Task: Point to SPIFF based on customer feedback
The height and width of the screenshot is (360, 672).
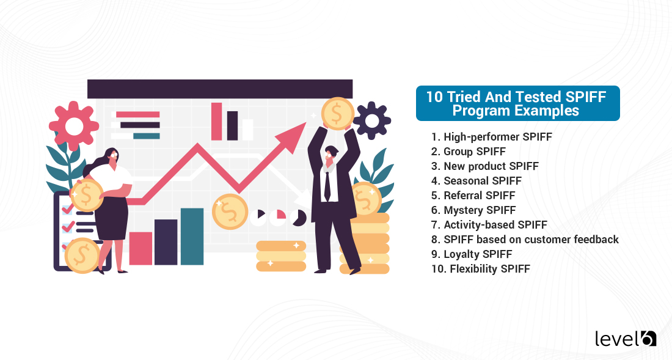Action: [x=525, y=240]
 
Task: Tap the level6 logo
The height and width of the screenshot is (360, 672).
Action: [x=625, y=338]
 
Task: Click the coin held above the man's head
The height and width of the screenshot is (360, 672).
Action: [x=337, y=114]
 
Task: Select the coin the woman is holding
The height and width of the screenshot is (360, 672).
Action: [x=87, y=195]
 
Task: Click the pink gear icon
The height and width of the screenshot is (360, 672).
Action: [x=75, y=127]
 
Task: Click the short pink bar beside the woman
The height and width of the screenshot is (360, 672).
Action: [x=141, y=248]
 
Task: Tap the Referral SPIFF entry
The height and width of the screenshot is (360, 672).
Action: [x=473, y=196]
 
